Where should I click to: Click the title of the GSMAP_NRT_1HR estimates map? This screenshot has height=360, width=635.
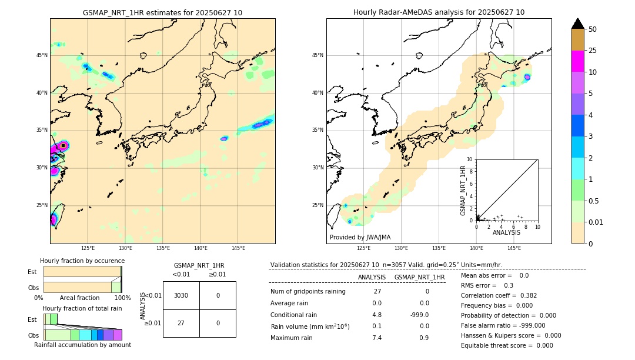162,12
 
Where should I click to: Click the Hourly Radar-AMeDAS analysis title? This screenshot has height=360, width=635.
439,12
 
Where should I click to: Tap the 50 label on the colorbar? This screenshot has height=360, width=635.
593,29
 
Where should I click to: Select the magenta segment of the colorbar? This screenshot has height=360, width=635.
577,61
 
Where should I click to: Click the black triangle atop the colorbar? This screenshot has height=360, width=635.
577,24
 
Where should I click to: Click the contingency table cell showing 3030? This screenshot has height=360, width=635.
181,295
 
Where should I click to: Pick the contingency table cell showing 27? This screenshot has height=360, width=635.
181,323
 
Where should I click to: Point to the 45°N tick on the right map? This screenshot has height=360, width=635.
317,55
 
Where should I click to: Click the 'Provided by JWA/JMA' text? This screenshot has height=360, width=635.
360,238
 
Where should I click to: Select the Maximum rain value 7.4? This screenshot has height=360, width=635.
377,338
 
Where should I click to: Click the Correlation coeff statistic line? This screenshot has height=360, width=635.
499,295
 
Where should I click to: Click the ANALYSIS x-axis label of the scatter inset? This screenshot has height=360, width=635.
506,232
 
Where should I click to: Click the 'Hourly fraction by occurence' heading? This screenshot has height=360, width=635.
82,261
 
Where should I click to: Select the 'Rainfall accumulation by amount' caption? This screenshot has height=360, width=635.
82,345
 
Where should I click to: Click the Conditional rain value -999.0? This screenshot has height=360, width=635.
420,315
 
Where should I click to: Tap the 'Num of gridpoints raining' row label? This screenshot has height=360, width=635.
308,292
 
